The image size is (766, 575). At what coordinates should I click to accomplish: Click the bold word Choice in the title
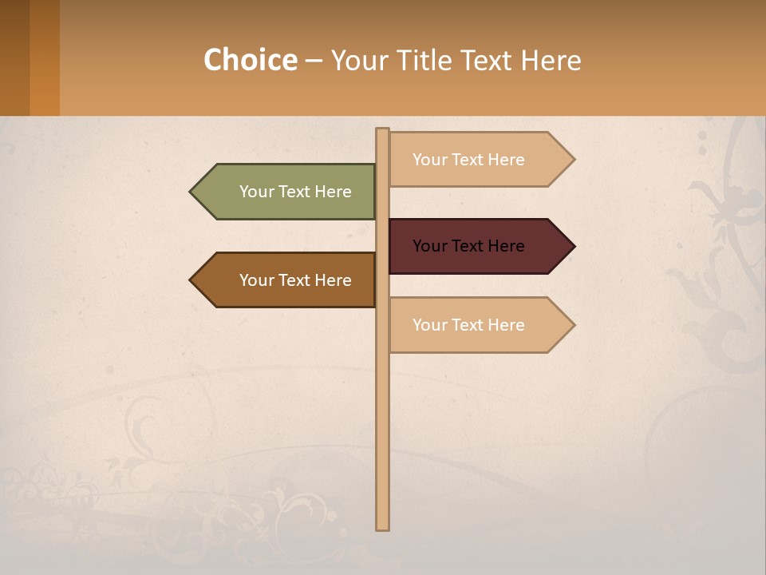(250, 60)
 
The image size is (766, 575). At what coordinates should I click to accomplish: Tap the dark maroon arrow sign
(479, 246)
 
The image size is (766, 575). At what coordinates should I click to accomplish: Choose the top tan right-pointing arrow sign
(479, 160)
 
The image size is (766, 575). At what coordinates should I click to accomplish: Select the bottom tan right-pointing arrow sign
(479, 325)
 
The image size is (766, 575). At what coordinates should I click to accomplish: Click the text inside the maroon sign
(468, 246)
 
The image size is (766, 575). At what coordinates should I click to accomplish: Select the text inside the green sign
(295, 192)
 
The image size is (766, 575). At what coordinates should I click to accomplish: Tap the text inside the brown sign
(295, 280)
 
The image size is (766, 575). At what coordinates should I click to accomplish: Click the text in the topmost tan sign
(468, 160)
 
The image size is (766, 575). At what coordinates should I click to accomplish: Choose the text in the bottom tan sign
(468, 325)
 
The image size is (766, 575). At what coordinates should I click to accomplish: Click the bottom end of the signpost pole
(382, 526)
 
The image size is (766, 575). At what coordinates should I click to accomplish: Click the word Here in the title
(551, 60)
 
